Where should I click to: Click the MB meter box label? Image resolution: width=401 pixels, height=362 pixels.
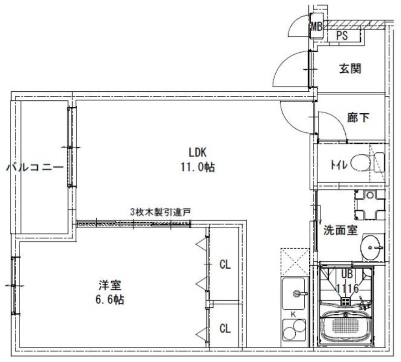[x=316, y=27]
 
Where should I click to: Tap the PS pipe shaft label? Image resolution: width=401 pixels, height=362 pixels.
[x=342, y=36]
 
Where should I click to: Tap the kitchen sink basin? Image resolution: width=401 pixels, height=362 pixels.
[x=295, y=294]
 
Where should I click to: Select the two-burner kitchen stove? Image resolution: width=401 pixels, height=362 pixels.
[x=294, y=332]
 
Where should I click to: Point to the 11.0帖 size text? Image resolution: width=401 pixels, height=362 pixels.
[x=197, y=168]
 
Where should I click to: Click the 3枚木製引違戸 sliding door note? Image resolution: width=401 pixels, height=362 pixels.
[x=160, y=212]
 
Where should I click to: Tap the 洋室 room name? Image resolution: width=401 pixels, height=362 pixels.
[x=109, y=285]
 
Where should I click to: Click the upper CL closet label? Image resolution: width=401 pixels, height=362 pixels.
[x=225, y=265]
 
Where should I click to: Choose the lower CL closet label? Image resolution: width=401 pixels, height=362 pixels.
[x=225, y=329]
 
